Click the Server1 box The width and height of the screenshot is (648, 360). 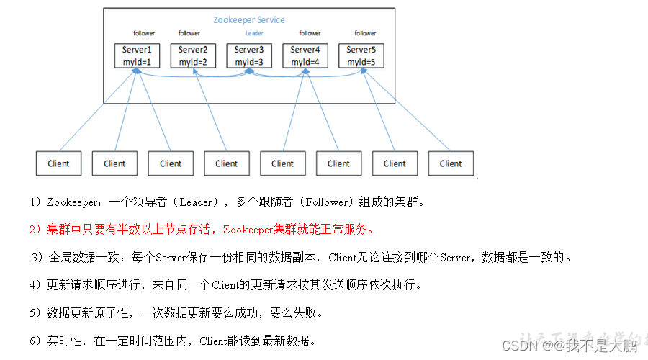[137, 55]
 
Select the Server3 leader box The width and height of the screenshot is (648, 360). [248, 55]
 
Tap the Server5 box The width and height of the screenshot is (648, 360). [361, 55]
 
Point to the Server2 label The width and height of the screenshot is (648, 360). [192, 50]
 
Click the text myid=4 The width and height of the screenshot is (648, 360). [305, 63]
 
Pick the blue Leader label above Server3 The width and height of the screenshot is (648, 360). [253, 33]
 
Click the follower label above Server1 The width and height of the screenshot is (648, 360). [143, 33]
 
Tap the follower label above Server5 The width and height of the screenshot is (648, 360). [365, 33]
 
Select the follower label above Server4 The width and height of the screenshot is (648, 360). [310, 33]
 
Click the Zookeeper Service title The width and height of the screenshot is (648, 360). [248, 19]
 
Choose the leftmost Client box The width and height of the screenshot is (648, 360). [58, 163]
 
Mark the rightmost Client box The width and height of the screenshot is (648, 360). [451, 163]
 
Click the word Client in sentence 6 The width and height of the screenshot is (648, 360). [215, 341]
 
